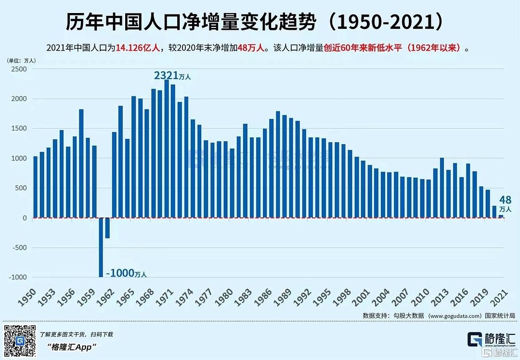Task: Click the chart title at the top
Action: [x=260, y=22]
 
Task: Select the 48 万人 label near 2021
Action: [x=505, y=203]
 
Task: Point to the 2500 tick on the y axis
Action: [x=19, y=69]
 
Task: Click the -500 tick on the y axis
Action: [x=19, y=248]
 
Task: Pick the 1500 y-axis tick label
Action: [x=19, y=129]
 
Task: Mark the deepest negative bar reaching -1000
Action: [x=101, y=247]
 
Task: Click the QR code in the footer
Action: [x=20, y=341]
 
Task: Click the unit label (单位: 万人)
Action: [x=21, y=61]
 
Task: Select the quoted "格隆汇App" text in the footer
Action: [x=72, y=347]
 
